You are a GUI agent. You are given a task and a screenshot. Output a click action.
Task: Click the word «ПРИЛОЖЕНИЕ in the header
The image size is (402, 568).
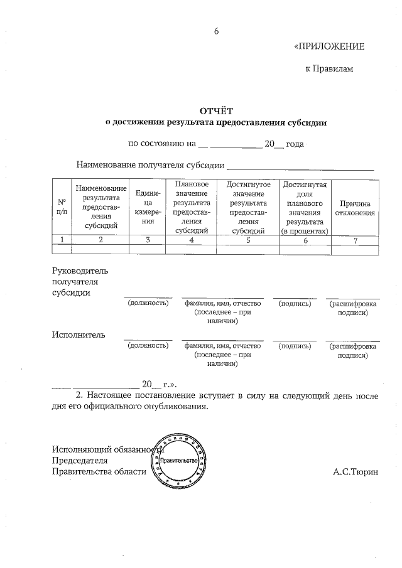tap(329, 47)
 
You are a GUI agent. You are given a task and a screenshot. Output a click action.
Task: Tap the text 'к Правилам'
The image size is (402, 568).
tap(329, 68)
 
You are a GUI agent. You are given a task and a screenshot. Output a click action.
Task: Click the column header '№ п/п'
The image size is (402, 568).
tap(62, 207)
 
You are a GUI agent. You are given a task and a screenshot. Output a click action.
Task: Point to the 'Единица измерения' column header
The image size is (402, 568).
tap(148, 207)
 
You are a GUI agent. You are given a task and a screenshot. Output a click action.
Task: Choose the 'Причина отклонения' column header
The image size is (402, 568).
tap(355, 208)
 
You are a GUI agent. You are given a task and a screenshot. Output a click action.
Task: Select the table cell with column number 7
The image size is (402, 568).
tap(355, 240)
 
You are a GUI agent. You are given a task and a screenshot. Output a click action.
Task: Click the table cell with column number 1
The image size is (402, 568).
tap(62, 240)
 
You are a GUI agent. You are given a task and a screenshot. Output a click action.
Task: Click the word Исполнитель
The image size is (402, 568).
tap(79, 334)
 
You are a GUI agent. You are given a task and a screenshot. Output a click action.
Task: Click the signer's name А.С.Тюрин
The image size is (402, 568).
tap(356, 471)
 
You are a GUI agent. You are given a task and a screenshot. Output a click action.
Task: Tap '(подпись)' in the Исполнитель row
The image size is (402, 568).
tap(295, 345)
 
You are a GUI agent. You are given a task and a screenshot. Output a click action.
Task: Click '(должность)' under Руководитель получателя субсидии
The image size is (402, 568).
tap(148, 303)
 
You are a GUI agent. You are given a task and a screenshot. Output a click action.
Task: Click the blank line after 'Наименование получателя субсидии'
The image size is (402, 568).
tap(300, 166)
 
